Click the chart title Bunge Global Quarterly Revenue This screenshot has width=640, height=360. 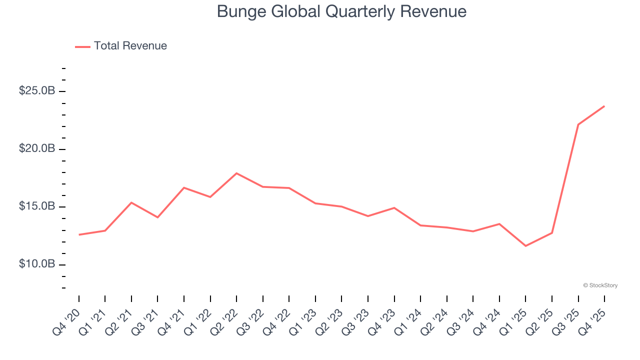341,11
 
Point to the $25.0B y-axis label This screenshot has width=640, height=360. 36,91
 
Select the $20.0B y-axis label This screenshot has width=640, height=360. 36,149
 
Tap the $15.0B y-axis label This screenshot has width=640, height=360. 36,206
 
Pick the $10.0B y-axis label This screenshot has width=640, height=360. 36,264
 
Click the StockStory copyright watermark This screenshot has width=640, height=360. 600,285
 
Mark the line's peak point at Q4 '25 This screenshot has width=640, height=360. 604,106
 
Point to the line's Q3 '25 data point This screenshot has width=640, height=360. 578,124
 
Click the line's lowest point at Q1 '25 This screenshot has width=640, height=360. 525,246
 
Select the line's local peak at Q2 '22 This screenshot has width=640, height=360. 236,173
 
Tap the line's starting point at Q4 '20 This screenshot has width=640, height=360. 79,234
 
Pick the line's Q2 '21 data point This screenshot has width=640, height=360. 131,202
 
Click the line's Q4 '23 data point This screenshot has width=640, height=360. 394,207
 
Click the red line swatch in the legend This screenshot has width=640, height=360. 82,46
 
